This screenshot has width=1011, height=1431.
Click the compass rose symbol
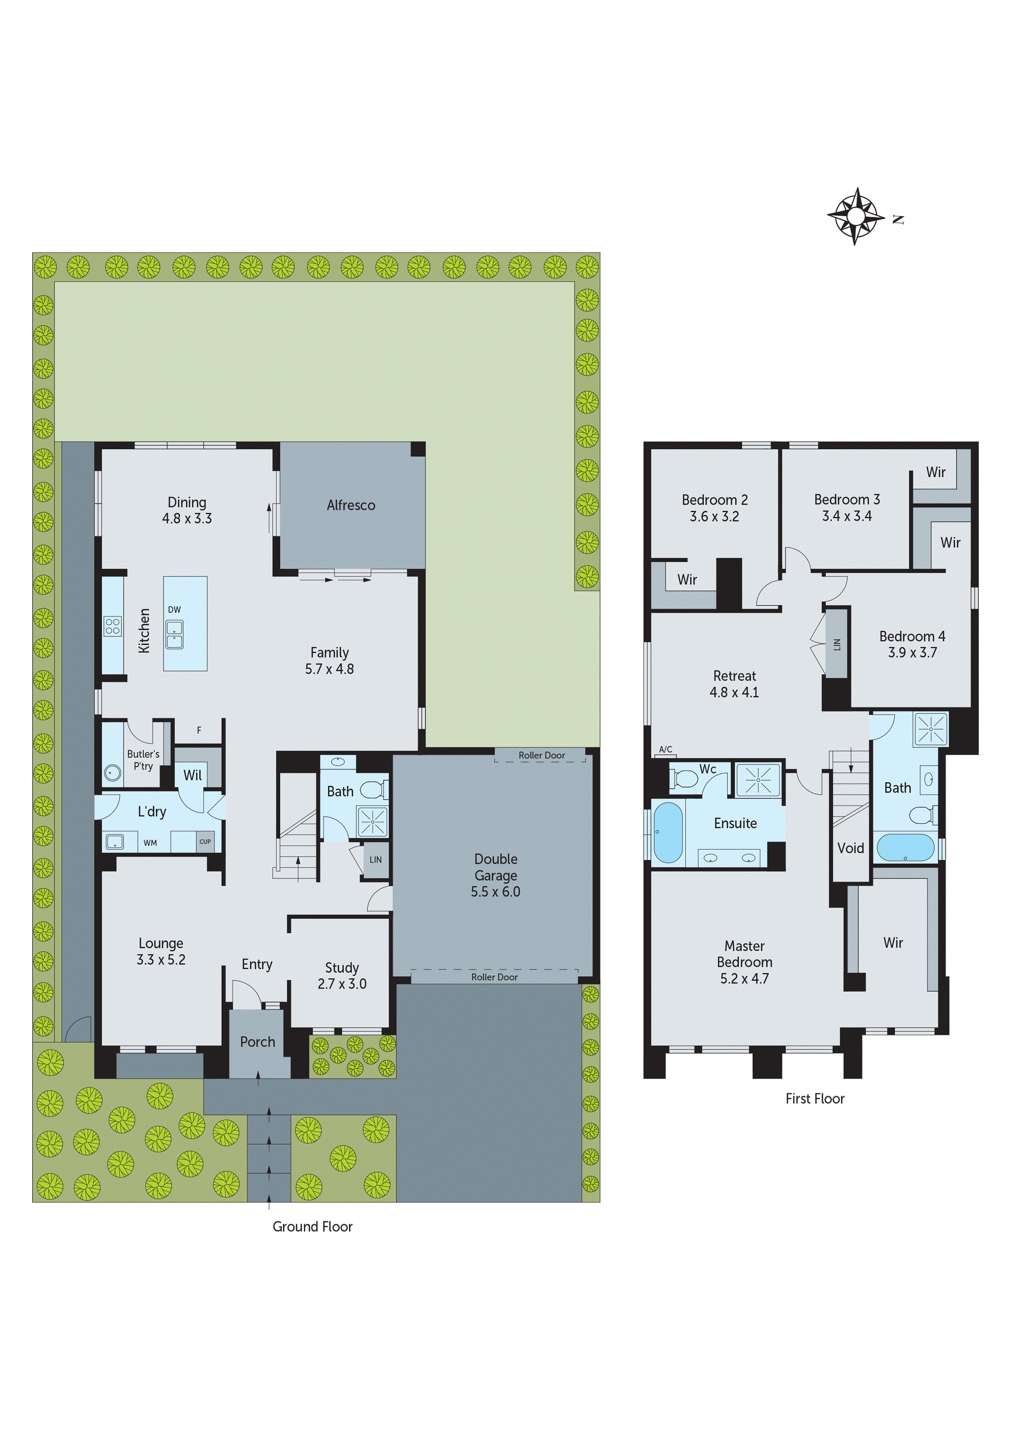[856, 216]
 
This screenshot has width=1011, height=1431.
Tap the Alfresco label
[351, 505]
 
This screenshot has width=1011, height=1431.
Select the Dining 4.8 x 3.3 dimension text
[187, 518]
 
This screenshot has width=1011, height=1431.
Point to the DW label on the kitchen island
[174, 609]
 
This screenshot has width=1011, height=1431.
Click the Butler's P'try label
[143, 760]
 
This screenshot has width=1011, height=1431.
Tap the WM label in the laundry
[150, 843]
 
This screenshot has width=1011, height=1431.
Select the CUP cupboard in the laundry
[205, 842]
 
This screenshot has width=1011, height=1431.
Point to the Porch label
[257, 1041]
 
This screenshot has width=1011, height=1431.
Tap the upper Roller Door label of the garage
[541, 755]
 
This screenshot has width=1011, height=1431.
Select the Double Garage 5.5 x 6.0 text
[495, 875]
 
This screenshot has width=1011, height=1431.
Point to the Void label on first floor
[850, 848]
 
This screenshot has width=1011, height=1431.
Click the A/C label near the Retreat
[665, 749]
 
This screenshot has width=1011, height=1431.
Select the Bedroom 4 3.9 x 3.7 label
[912, 644]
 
